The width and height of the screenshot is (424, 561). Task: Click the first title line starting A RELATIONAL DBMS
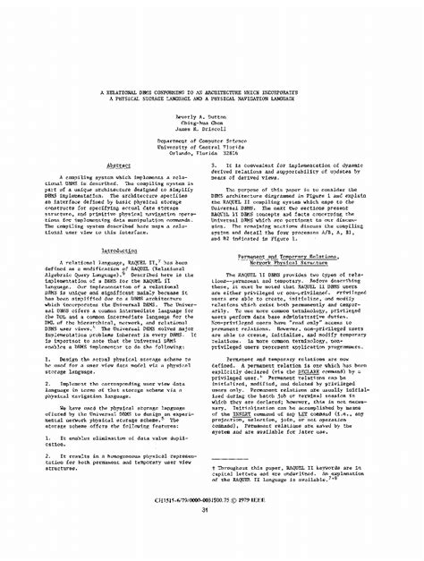pyautogui.click(x=212, y=93)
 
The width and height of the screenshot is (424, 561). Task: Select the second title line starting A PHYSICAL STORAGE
pyautogui.click(x=212, y=99)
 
